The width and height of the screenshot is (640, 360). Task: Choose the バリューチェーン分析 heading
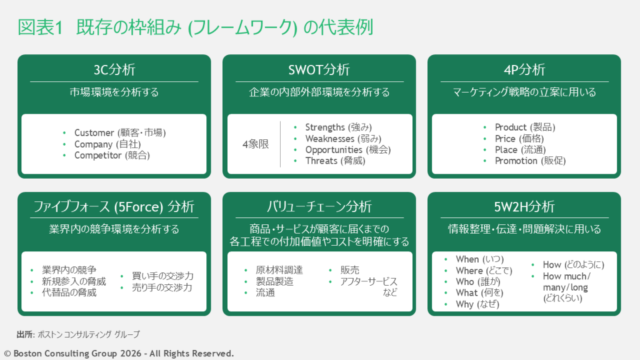319,206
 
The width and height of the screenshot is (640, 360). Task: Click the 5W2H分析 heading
524,206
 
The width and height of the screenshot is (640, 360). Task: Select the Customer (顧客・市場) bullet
119,132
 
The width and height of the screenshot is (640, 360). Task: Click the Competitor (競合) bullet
112,155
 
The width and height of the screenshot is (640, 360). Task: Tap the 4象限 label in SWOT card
255,144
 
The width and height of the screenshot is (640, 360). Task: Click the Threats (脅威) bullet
335,161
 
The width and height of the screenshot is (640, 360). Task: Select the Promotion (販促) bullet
530,161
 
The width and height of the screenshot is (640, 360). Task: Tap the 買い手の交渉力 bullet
162,276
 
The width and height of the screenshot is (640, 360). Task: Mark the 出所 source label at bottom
25,334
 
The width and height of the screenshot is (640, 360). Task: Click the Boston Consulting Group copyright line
119,353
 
